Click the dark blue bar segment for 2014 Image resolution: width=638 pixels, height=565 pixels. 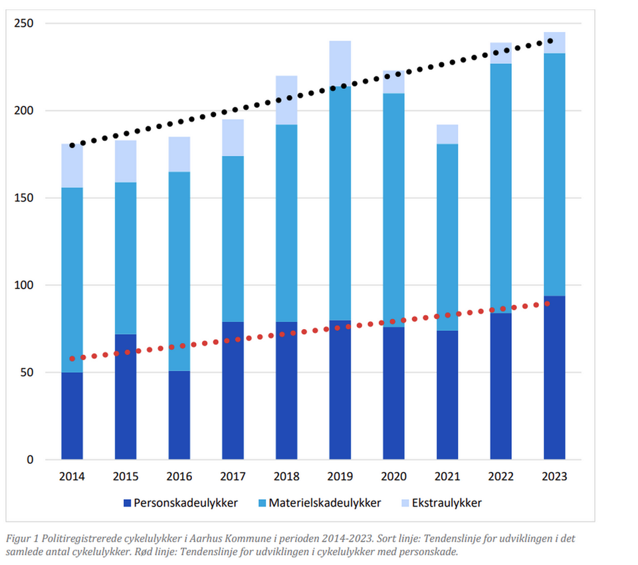point(72,415)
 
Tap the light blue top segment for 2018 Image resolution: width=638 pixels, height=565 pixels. point(286,100)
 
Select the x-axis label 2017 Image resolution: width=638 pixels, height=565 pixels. point(233,477)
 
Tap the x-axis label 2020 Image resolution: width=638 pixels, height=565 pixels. point(393,477)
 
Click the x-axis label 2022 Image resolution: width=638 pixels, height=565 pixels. point(500,477)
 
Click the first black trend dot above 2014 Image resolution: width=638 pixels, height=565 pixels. point(72,145)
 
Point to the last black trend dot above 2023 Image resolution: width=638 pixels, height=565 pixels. point(550,41)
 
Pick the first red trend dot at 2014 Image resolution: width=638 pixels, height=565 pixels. point(72,359)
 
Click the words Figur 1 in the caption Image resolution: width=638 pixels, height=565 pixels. point(21,539)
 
